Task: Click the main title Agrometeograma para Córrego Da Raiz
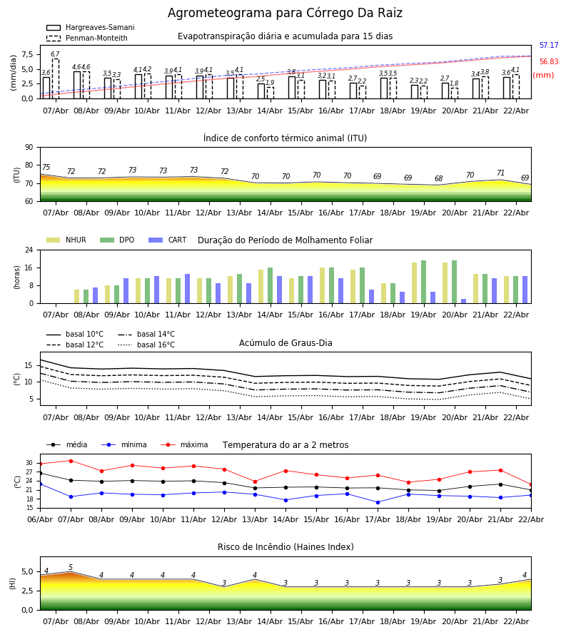285,14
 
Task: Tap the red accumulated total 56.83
549,62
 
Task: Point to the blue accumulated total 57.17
549,46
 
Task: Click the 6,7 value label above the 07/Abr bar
55,54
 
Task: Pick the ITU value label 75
46,168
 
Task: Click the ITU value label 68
438,179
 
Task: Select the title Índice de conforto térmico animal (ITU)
285,138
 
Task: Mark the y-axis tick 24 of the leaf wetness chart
30,250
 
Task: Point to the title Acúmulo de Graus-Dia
285,343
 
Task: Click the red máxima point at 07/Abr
71,461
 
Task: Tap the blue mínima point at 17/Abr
378,502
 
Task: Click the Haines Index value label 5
71,568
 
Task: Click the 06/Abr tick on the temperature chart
40,519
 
